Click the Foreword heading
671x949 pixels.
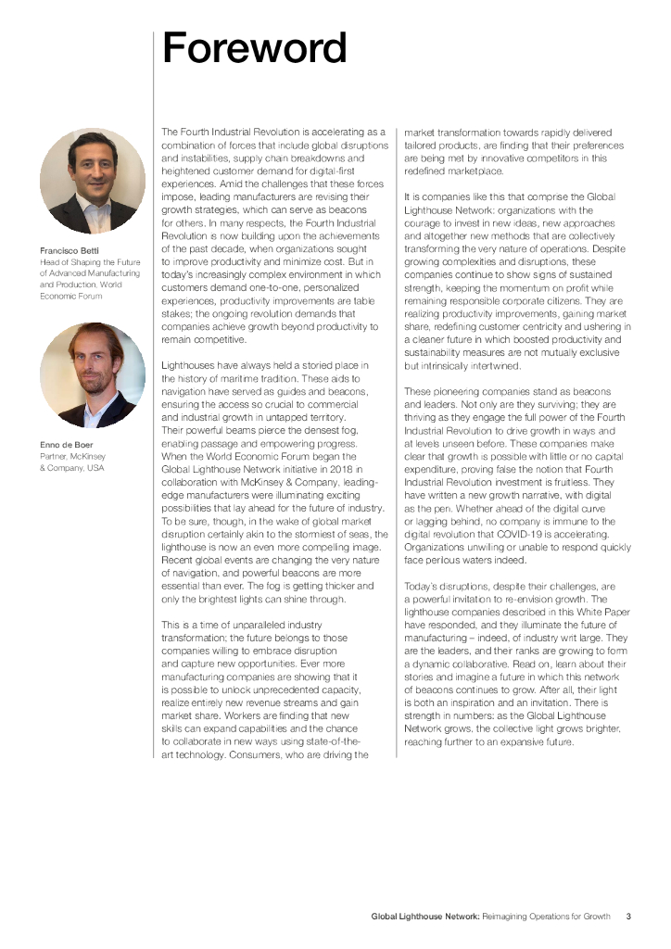(x=255, y=48)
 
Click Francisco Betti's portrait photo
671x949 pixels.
(x=93, y=181)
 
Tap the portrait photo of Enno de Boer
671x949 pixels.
(x=93, y=374)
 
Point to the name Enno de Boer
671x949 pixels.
(x=66, y=445)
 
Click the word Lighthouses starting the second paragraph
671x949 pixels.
(x=191, y=367)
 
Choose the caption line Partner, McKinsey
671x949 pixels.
(x=72, y=457)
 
